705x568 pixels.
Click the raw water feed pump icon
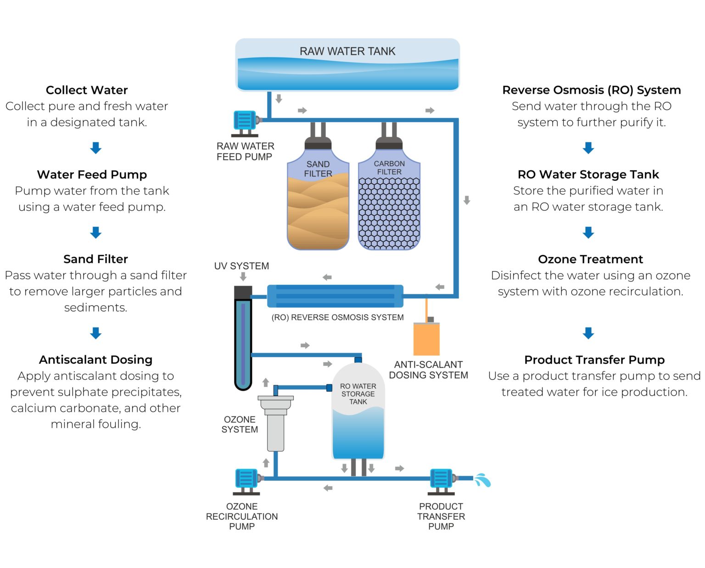tap(245, 122)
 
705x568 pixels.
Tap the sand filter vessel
tap(318, 202)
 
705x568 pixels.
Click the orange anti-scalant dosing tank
tap(426, 338)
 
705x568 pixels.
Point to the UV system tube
tap(243, 340)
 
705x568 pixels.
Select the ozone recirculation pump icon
tap(247, 480)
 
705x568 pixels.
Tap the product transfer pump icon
tap(442, 480)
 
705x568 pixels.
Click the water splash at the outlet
tap(482, 480)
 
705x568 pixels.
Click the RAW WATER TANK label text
tap(347, 51)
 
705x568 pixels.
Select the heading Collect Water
tap(87, 90)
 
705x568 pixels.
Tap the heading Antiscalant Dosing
tap(95, 360)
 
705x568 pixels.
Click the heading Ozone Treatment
tap(590, 259)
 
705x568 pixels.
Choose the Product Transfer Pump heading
tap(594, 360)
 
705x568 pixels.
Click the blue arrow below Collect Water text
tap(95, 148)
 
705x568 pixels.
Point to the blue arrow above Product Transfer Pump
tap(588, 333)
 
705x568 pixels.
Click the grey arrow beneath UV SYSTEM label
tap(243, 276)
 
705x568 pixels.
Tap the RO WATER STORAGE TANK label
tap(358, 394)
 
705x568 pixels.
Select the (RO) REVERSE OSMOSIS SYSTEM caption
tap(337, 317)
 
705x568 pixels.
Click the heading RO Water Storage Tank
tap(588, 174)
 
